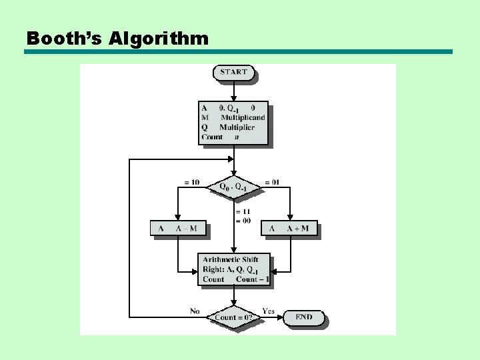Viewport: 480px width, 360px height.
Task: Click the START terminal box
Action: pyautogui.click(x=233, y=72)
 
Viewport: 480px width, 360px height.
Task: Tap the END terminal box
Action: pyautogui.click(x=303, y=317)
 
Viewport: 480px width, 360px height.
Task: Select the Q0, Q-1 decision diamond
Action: pyautogui.click(x=233, y=187)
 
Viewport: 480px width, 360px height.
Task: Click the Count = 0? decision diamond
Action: pyautogui.click(x=233, y=317)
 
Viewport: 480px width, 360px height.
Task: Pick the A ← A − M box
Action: pyautogui.click(x=177, y=229)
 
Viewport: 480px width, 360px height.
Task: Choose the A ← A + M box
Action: pyautogui.click(x=289, y=229)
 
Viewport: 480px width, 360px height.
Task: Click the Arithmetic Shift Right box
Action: pyautogui.click(x=233, y=269)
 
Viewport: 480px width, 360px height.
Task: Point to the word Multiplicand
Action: pyautogui.click(x=243, y=117)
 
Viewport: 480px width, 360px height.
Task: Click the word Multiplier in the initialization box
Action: pyautogui.click(x=237, y=127)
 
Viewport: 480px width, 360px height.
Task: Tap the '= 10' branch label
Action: pyautogui.click(x=191, y=182)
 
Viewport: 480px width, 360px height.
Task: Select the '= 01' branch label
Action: pyautogui.click(x=271, y=182)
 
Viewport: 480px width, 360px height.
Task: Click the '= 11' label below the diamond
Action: pyautogui.click(x=243, y=212)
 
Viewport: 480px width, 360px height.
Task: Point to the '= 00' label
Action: pyautogui.click(x=243, y=221)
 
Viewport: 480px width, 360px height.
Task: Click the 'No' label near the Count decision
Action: pyautogui.click(x=195, y=311)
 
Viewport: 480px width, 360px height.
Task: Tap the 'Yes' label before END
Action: pyautogui.click(x=268, y=311)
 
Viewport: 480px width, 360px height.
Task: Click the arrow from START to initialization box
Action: pyautogui.click(x=233, y=91)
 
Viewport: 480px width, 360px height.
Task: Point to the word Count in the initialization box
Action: pyautogui.click(x=212, y=137)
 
